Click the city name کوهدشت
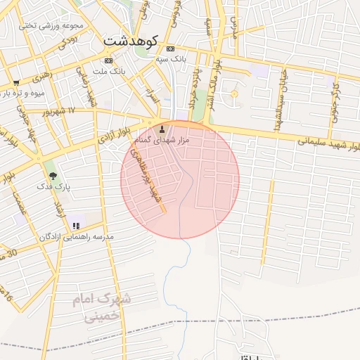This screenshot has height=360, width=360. tap(131, 41)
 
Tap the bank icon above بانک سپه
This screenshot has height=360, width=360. tap(170, 49)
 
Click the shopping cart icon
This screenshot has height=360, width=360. tap(15, 83)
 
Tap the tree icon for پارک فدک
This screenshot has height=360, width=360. tap(53, 176)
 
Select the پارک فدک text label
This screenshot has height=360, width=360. tap(53, 188)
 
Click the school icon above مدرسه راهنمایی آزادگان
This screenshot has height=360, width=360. tap(76, 226)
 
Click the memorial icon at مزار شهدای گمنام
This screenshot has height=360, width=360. tap(163, 129)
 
